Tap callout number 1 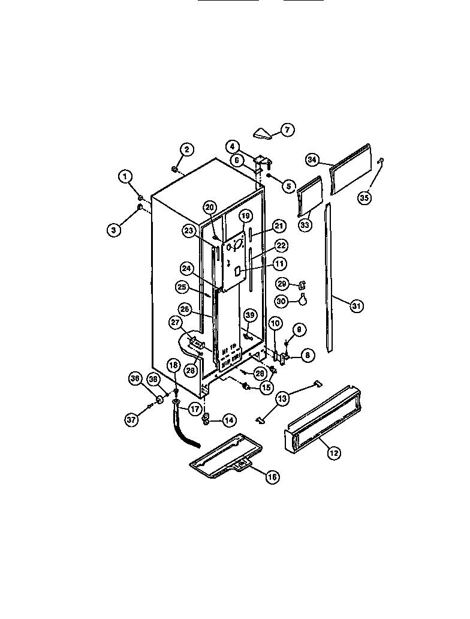click(x=125, y=176)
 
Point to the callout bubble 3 click(x=115, y=229)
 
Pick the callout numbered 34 click(x=312, y=160)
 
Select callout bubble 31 click(x=357, y=306)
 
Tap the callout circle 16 click(x=272, y=477)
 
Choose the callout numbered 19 click(x=245, y=215)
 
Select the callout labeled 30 click(x=282, y=301)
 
